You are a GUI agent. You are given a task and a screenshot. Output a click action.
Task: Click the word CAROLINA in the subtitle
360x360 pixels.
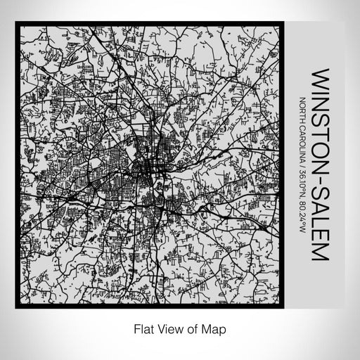pos(303,143)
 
